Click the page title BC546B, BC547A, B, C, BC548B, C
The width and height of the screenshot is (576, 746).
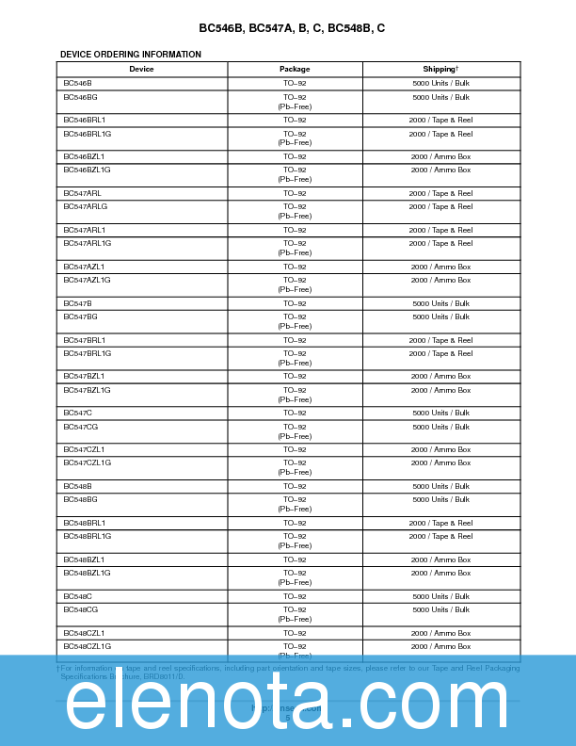(x=291, y=28)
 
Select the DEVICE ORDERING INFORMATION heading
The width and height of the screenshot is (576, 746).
(x=130, y=55)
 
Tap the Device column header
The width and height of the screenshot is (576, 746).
(x=141, y=69)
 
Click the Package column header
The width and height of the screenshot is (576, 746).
(x=295, y=69)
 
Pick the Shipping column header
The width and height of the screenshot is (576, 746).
(x=440, y=69)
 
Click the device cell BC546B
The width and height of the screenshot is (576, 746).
(x=77, y=84)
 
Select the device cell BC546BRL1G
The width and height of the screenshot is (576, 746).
(x=87, y=134)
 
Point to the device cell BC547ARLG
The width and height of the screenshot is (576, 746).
(x=85, y=206)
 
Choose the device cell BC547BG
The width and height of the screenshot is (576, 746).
(x=80, y=316)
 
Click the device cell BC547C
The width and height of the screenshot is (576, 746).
(x=77, y=413)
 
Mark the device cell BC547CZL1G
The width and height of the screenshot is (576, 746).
(x=87, y=462)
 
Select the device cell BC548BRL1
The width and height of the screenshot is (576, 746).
(x=84, y=523)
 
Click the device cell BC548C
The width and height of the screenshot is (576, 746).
(x=77, y=596)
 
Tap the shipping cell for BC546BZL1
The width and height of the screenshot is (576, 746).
(x=440, y=156)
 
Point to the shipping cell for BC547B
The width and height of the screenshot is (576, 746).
(x=440, y=303)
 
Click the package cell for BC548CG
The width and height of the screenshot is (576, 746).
(x=295, y=614)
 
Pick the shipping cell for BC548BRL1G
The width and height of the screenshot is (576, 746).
(x=440, y=536)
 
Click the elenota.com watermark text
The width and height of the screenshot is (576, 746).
(x=287, y=702)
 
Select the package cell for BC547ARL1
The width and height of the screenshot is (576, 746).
(x=295, y=230)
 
